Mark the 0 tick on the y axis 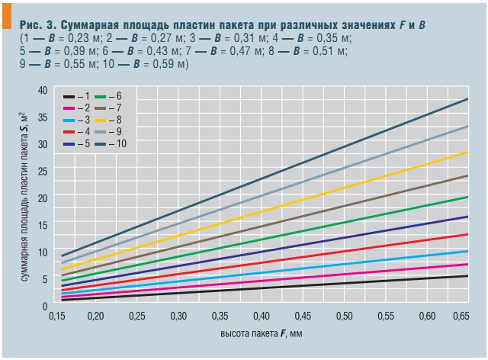click(45, 305)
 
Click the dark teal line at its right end click(467, 99)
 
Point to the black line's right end click(467, 276)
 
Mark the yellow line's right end click(467, 153)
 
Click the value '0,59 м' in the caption click(168, 63)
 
